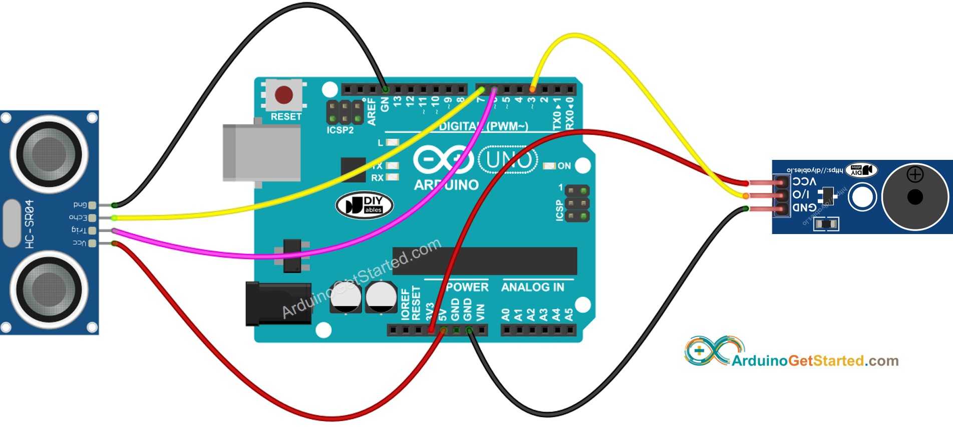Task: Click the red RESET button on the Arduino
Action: (284, 94)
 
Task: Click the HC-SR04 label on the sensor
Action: (29, 224)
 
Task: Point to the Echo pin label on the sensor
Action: (78, 218)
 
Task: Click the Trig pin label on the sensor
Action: (79, 230)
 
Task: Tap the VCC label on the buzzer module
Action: (804, 181)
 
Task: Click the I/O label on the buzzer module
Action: (801, 194)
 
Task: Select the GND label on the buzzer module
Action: (804, 207)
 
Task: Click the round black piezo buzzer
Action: (914, 196)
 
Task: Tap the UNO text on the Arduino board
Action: (508, 160)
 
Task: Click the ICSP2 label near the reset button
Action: (340, 130)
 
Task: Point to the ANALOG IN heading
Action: (532, 287)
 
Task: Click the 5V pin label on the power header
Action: (443, 315)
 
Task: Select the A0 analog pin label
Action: (506, 315)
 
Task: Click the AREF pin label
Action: (372, 111)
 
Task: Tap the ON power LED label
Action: (564, 166)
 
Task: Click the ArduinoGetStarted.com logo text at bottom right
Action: (814, 361)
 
